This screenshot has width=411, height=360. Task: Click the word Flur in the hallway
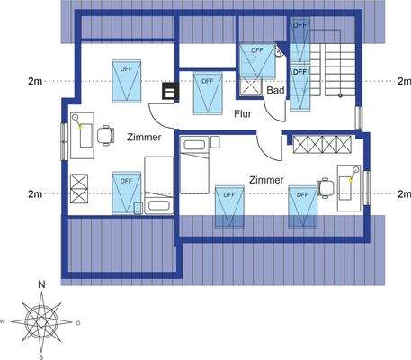tap(243, 115)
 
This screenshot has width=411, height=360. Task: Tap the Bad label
tap(276, 92)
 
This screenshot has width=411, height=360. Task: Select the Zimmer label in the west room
tap(144, 138)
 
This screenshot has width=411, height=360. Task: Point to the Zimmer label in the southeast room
tap(268, 179)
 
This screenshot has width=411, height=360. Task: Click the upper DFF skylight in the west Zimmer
tap(123, 81)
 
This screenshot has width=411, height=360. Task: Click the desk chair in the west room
tap(107, 135)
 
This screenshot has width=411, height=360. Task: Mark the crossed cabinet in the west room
tap(79, 188)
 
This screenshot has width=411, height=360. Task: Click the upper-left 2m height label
tap(36, 80)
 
